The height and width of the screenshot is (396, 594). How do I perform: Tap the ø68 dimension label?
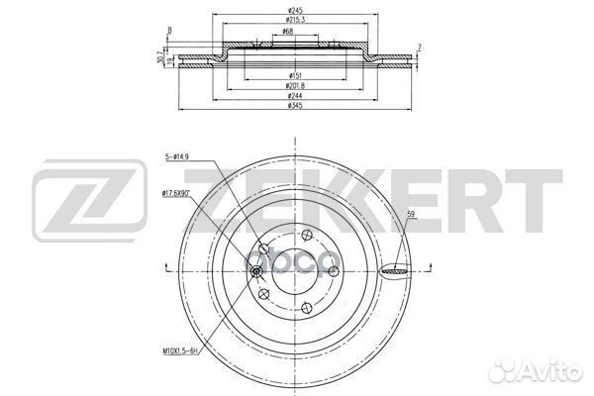click(286, 32)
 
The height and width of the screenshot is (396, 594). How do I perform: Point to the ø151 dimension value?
click(295, 75)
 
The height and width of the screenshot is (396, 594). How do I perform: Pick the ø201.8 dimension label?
click(295, 85)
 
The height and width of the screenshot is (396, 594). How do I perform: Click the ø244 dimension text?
click(295, 95)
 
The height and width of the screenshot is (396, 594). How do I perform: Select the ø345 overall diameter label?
click(295, 106)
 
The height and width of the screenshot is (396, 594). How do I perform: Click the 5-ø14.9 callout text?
click(178, 156)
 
